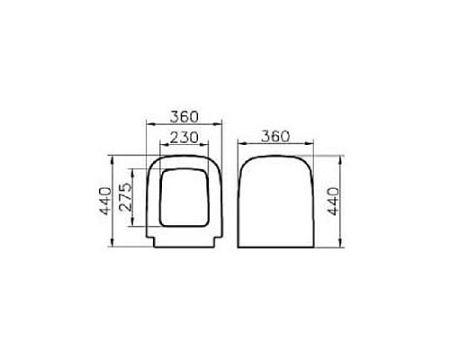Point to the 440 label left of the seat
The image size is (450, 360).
106,202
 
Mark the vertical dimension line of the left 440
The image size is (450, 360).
114,202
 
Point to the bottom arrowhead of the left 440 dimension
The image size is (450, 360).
114,246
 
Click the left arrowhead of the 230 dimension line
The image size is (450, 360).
160,148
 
